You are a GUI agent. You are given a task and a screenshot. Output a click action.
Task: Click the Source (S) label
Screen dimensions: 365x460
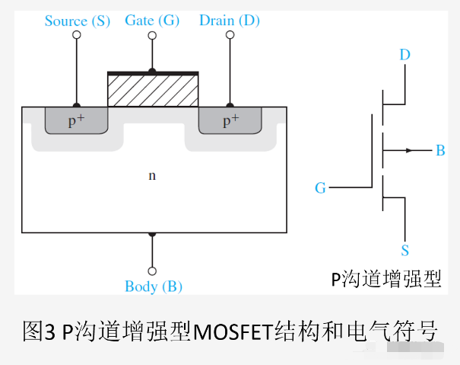point(77,21)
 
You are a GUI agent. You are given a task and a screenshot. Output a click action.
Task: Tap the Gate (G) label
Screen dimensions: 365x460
point(152,20)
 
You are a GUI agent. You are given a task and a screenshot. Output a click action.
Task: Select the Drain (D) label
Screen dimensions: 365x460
point(229,20)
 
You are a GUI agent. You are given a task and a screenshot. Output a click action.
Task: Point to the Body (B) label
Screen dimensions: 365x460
point(153,287)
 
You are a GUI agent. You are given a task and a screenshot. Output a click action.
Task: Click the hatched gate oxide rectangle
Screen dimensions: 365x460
point(153,91)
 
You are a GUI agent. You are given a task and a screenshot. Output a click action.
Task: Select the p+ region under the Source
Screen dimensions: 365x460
point(76,120)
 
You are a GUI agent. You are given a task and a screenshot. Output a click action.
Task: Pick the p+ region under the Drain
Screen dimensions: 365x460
point(230,120)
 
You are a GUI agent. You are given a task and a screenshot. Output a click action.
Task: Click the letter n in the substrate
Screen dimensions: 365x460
point(151,175)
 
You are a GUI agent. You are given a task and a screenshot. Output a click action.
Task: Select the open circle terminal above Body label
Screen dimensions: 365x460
point(152,271)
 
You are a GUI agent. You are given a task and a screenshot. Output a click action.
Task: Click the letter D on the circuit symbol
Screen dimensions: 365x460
point(405,54)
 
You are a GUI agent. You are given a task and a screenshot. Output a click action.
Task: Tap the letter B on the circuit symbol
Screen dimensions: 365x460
point(440,150)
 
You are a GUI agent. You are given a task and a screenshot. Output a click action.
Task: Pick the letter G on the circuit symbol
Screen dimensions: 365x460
point(320,187)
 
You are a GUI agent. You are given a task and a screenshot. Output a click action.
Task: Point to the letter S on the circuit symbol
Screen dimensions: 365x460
point(405,251)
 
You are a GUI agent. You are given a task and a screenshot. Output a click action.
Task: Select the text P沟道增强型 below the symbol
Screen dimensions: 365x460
point(385,279)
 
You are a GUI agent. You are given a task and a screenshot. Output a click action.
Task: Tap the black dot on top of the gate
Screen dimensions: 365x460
point(152,71)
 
